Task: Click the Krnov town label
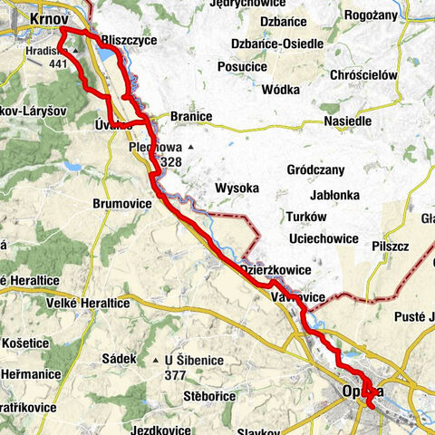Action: point(51,17)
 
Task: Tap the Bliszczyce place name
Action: point(130,41)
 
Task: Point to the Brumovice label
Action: point(121,205)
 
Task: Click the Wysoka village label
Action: point(238,188)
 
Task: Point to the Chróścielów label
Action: point(364,75)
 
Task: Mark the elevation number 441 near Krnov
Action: point(61,64)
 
